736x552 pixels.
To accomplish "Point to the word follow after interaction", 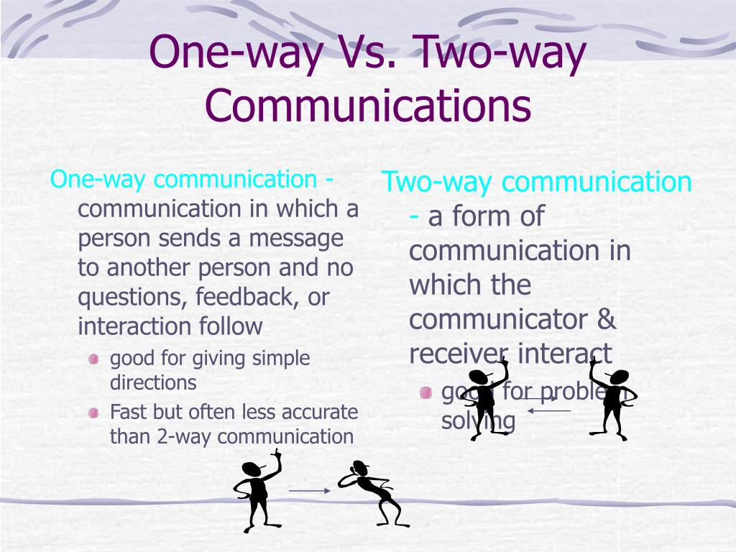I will click(x=231, y=326).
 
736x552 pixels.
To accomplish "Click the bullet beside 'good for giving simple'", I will click(x=93, y=359).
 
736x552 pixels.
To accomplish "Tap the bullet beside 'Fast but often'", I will click(x=93, y=413).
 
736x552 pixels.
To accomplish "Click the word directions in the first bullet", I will click(x=153, y=382).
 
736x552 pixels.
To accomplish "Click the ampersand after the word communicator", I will click(x=607, y=319).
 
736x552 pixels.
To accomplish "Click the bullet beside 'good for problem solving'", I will click(x=426, y=392).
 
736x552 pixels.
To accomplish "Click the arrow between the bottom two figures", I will click(x=309, y=491).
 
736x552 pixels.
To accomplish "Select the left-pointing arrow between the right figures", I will click(x=549, y=410).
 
